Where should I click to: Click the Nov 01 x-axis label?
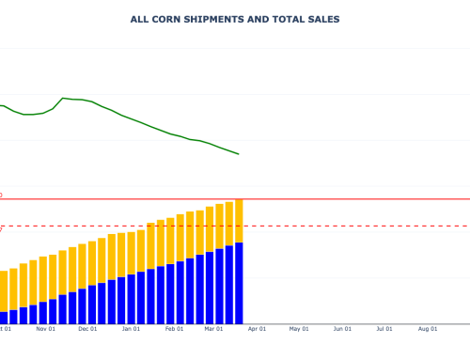[45, 329]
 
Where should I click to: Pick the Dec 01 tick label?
[87, 329]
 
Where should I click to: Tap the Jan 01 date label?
[132, 329]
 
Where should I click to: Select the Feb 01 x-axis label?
[175, 329]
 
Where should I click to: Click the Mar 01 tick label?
[214, 329]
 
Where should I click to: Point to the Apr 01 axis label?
[258, 329]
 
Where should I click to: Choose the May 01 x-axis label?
[299, 329]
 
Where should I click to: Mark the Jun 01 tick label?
[343, 329]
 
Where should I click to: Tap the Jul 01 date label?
[384, 329]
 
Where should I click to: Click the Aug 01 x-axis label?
[428, 329]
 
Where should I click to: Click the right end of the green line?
[239, 154]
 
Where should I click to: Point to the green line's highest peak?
[64, 98]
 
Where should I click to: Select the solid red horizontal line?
[357, 199]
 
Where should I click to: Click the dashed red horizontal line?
[357, 226]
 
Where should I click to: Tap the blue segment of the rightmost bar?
[239, 282]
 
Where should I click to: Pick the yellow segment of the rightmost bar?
[239, 221]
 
